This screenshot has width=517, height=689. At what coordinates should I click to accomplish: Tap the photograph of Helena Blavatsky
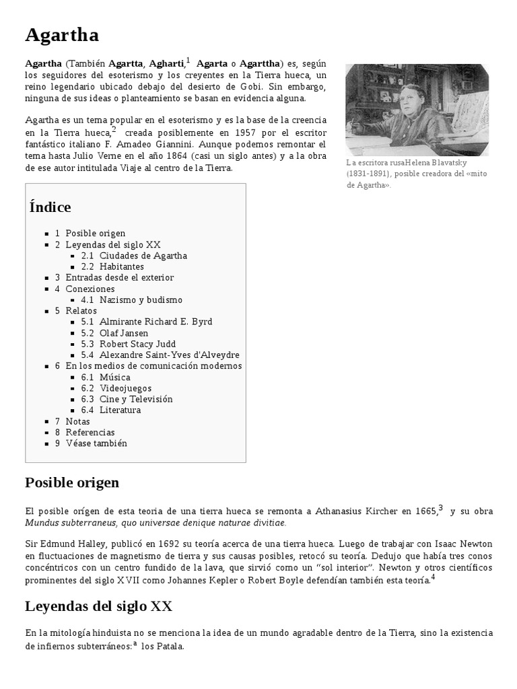(417, 110)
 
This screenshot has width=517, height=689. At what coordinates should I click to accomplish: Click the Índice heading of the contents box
(50, 207)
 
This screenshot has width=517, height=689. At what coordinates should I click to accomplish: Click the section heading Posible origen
(72, 482)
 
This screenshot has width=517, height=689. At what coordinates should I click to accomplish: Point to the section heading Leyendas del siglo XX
(98, 606)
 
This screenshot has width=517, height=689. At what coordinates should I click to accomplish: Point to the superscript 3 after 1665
(441, 508)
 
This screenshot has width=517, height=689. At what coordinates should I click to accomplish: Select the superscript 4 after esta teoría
(434, 576)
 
